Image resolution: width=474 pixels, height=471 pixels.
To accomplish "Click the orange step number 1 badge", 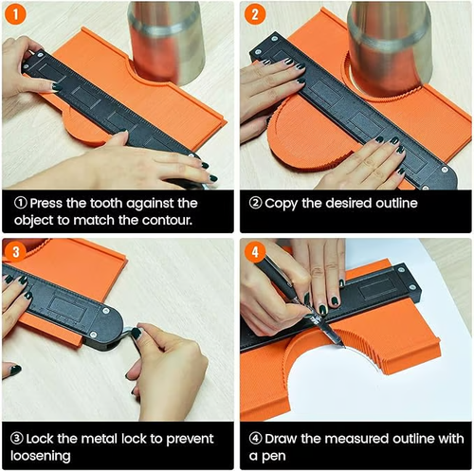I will [16, 15].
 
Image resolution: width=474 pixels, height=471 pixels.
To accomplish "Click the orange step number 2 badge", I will [255, 15].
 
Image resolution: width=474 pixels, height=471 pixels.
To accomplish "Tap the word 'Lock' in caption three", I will [48, 439].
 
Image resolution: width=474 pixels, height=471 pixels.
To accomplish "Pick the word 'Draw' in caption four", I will [285, 439].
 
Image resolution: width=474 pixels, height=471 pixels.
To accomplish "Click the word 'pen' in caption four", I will [277, 457].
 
